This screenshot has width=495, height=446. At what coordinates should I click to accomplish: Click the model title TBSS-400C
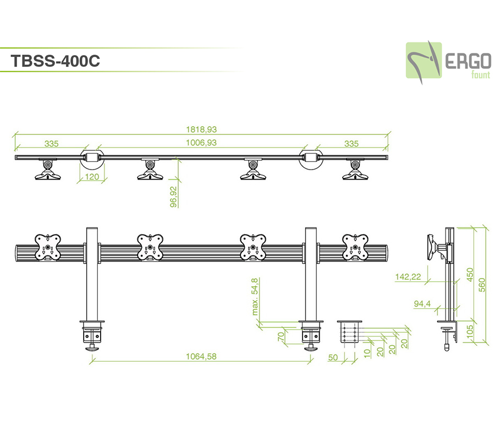[x=55, y=61]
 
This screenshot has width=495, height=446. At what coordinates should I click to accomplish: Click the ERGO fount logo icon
[x=424, y=60]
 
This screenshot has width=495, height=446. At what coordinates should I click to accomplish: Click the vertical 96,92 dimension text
[x=173, y=196]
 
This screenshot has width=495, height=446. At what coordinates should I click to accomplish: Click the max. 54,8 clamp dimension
[x=255, y=297]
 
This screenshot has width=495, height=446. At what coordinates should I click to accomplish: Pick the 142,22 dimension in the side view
[x=408, y=277]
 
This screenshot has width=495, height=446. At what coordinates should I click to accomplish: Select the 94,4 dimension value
[x=422, y=303]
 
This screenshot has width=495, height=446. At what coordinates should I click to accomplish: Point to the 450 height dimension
[x=469, y=274]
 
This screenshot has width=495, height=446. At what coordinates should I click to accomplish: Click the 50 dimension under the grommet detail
[x=332, y=357]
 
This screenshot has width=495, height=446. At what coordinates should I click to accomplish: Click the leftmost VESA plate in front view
[x=48, y=247]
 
